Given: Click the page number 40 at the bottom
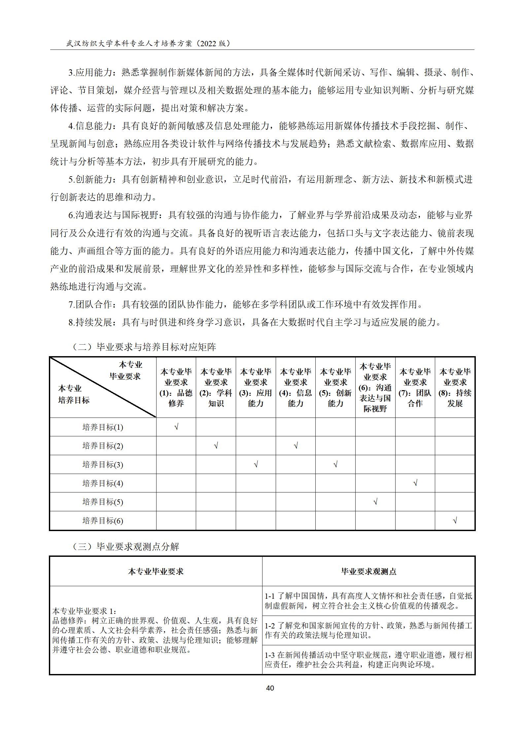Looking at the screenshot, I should coord(270,688).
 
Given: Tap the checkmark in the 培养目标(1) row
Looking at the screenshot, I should coord(176,427).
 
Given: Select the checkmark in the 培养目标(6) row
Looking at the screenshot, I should coord(455,521).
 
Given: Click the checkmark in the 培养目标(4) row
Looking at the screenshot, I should coord(415,483).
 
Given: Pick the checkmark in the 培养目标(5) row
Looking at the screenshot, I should coord(375,502).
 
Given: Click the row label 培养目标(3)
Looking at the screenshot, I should coord(103,465).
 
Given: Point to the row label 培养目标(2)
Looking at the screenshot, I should coord(103,446).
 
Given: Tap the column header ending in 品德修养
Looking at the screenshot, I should coord(176,387).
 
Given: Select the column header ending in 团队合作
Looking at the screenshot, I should coord(415,387).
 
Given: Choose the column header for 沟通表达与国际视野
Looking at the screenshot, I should coord(375,387).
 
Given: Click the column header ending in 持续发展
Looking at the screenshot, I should coord(455,387).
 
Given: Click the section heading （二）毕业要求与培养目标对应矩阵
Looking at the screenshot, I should coord(144,347).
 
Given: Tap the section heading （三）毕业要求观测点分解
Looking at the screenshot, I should coord(125,547).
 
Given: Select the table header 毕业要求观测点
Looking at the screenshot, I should coord(368,571).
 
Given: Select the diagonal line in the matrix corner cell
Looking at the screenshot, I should coord(103,387).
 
